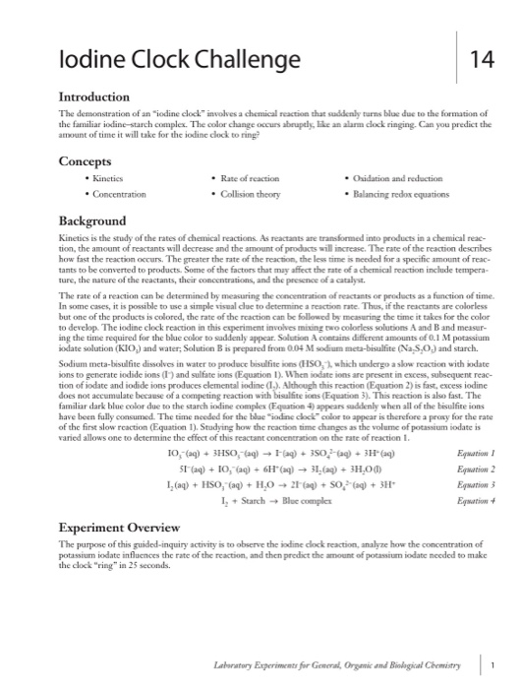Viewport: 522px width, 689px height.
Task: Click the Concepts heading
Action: point(87,161)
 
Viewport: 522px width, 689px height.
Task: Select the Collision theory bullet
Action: point(250,196)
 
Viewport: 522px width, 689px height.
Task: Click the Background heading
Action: point(91,221)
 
